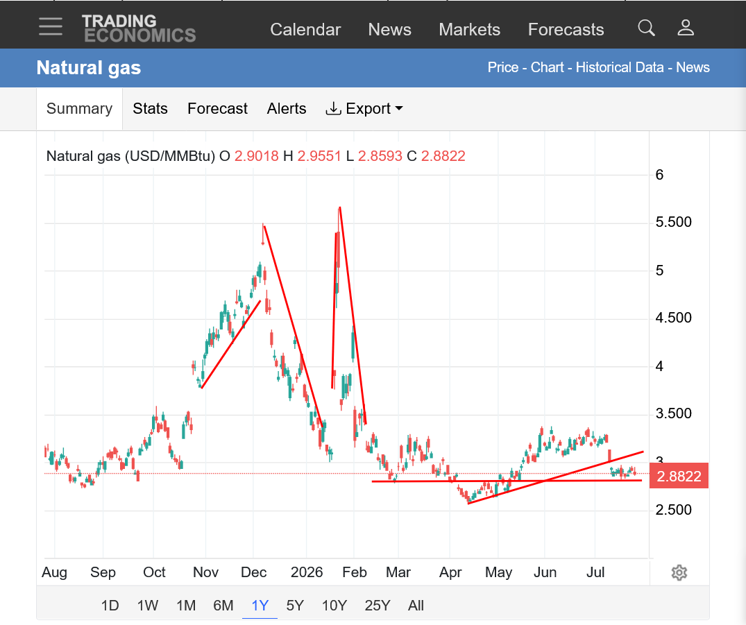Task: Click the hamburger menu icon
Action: (x=51, y=26)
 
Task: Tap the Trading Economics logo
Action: (x=139, y=28)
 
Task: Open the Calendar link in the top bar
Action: (x=305, y=30)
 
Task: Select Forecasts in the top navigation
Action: (x=566, y=30)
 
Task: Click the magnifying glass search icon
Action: (x=646, y=28)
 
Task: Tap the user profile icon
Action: (x=686, y=28)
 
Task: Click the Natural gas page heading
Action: (x=89, y=67)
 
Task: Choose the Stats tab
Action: (x=150, y=108)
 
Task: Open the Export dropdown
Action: (x=364, y=108)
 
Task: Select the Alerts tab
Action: (x=287, y=108)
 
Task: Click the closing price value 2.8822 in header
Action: (x=443, y=156)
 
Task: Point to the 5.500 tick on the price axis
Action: (x=673, y=222)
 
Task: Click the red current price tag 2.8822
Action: (x=679, y=476)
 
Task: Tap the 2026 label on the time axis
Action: (x=307, y=572)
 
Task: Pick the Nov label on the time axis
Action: (x=205, y=572)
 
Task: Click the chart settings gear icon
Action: (x=679, y=573)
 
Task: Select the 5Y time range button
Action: (x=295, y=606)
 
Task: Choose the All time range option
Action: (x=416, y=606)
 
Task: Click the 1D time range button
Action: (x=110, y=606)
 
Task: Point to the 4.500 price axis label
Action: (x=673, y=318)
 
